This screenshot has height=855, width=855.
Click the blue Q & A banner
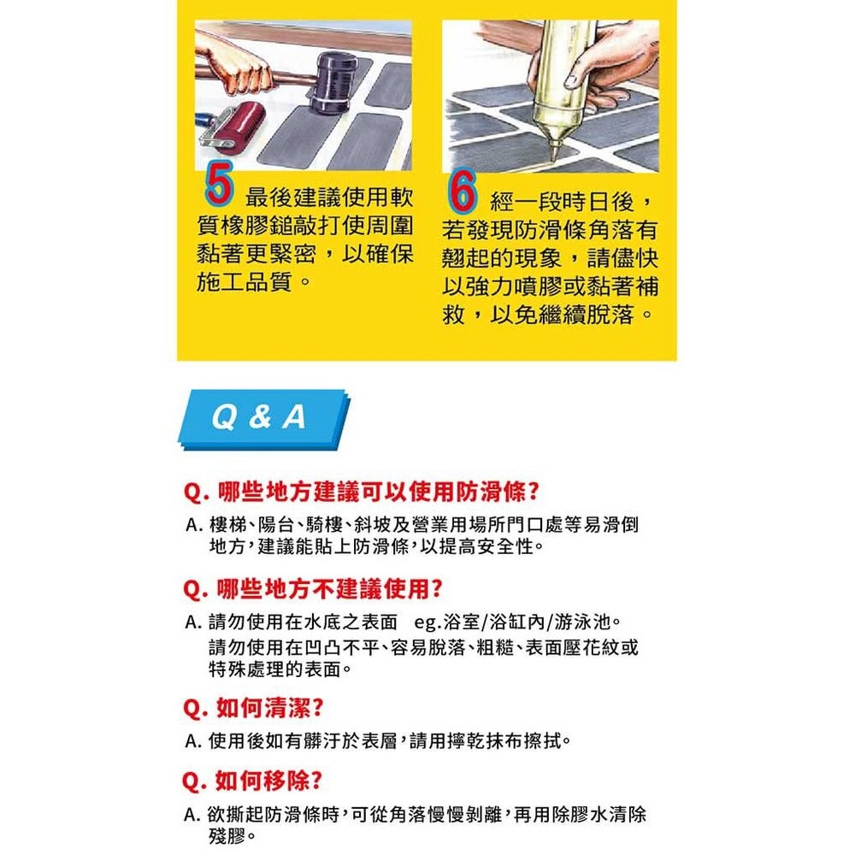[260, 418]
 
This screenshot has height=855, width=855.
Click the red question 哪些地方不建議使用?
[313, 589]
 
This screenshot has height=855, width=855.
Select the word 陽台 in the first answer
[279, 524]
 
